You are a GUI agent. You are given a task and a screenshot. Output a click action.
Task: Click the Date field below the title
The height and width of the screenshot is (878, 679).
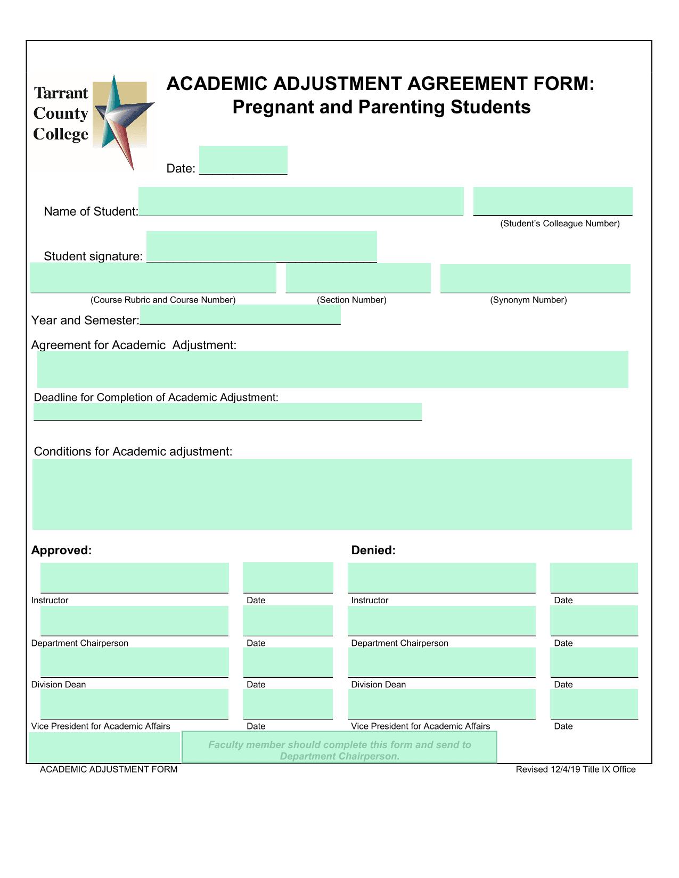pyautogui.click(x=243, y=160)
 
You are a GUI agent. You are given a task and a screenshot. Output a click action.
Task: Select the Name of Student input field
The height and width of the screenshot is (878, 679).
pyautogui.click(x=301, y=201)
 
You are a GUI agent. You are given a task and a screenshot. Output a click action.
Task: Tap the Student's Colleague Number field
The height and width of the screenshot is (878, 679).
pyautogui.click(x=552, y=201)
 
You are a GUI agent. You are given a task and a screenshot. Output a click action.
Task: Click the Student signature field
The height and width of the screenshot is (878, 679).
pyautogui.click(x=261, y=247)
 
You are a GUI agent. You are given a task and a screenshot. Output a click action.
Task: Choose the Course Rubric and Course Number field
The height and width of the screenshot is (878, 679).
pyautogui.click(x=153, y=278)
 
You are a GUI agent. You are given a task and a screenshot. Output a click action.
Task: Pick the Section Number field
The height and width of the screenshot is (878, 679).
pyautogui.click(x=358, y=278)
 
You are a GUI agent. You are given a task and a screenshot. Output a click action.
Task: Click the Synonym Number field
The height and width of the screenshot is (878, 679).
pyautogui.click(x=535, y=278)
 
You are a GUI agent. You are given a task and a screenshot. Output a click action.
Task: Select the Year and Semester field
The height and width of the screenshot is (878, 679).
pyautogui.click(x=240, y=315)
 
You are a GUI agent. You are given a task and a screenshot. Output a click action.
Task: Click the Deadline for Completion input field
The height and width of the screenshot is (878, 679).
pyautogui.click(x=227, y=412)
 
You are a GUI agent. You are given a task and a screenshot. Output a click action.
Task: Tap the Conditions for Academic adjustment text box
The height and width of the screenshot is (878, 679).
pyautogui.click(x=332, y=494)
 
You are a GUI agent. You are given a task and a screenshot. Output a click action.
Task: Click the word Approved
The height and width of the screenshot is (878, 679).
pyautogui.click(x=61, y=551)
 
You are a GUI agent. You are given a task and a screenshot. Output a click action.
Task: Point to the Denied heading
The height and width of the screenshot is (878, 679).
pyautogui.click(x=373, y=551)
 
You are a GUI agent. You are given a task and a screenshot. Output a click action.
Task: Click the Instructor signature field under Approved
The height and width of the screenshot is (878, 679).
pyautogui.click(x=134, y=578)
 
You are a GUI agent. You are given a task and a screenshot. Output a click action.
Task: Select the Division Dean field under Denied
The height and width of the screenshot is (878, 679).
pyautogui.click(x=441, y=662)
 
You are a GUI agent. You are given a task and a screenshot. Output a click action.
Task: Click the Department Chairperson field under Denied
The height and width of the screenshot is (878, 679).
pyautogui.click(x=441, y=620)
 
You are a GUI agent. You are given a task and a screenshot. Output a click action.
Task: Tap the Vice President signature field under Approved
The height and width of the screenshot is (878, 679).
pyautogui.click(x=134, y=703)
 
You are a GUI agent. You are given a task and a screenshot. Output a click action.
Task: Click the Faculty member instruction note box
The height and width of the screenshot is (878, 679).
pyautogui.click(x=339, y=748)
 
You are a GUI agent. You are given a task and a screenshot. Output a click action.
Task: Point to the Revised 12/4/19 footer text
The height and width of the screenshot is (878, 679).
pyautogui.click(x=575, y=769)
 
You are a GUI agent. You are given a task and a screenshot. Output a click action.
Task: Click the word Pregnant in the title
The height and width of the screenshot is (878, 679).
pyautogui.click(x=273, y=108)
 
